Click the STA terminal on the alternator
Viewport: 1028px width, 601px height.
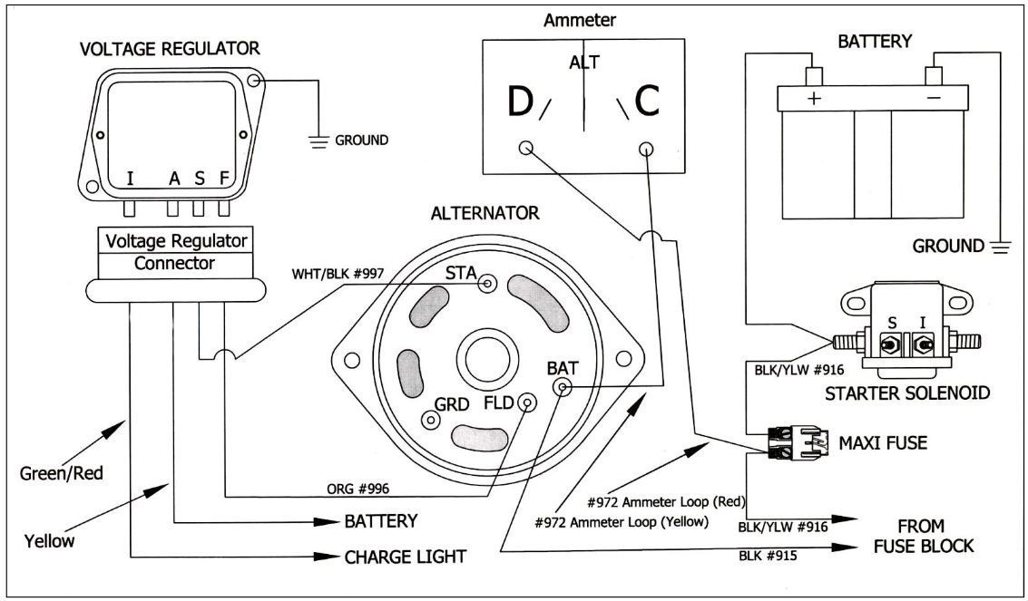pyautogui.click(x=488, y=285)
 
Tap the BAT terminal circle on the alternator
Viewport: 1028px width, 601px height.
pyautogui.click(x=563, y=389)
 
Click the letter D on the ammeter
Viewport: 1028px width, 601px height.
pyautogui.click(x=520, y=103)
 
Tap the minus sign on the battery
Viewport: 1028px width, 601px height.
pyautogui.click(x=935, y=97)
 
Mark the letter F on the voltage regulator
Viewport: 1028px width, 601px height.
pyautogui.click(x=222, y=178)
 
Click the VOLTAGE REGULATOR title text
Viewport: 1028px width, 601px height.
pyautogui.click(x=170, y=50)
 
